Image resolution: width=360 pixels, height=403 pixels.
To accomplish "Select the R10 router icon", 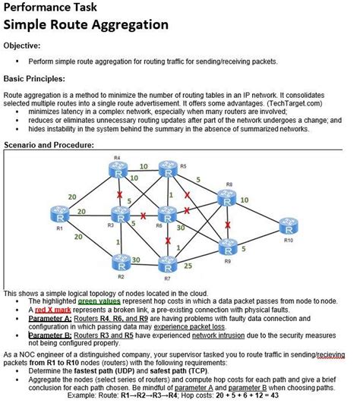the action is [x=288, y=228].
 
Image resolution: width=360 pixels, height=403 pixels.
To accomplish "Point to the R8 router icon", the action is [x=227, y=196].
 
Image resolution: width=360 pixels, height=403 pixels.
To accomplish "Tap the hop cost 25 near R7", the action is [x=188, y=266].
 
